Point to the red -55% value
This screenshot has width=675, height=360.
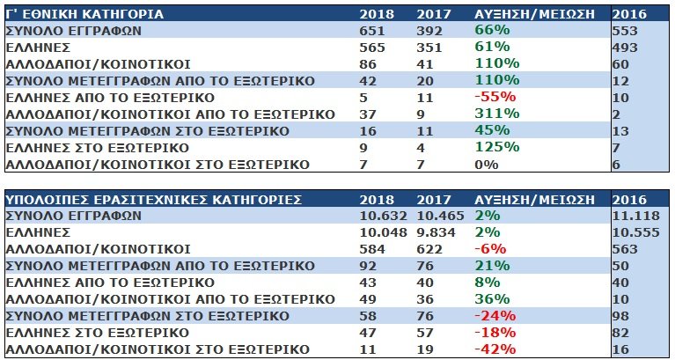click(494, 98)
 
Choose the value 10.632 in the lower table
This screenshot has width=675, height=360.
click(382, 216)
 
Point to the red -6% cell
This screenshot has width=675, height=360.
click(489, 249)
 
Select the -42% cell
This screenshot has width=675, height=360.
click(494, 349)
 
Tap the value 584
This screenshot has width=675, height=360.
click(373, 249)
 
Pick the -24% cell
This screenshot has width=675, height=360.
click(494, 316)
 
